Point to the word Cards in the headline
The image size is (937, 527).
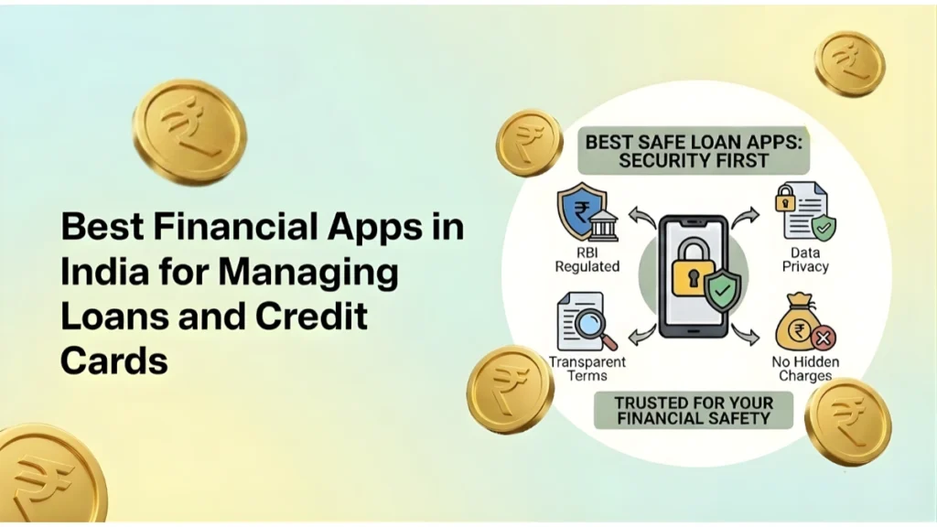(114, 360)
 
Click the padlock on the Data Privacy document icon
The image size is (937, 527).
(786, 199)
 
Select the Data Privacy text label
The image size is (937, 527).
(805, 259)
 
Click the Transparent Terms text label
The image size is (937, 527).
(587, 368)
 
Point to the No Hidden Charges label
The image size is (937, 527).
(805, 368)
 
